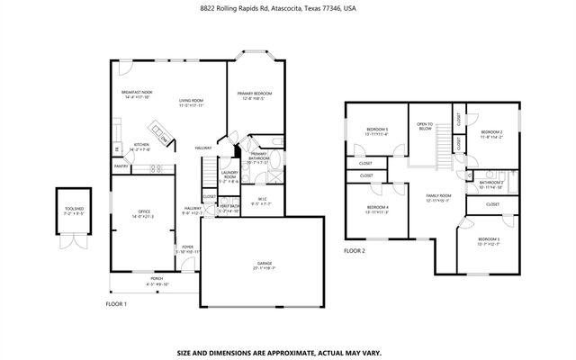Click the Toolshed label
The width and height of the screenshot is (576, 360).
click(x=74, y=213)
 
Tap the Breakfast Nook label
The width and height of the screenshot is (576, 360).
click(x=137, y=94)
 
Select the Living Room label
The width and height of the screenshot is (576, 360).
click(x=190, y=103)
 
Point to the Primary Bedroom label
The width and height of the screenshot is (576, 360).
click(x=255, y=95)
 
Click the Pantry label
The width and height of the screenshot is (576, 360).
click(x=121, y=166)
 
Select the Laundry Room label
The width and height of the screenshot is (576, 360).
click(x=229, y=175)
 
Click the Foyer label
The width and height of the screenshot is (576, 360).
click(x=188, y=248)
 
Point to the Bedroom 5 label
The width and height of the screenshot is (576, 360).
click(x=375, y=131)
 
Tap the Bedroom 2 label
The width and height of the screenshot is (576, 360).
click(x=490, y=135)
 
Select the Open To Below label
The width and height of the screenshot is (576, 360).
click(x=425, y=126)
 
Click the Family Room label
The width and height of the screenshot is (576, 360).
click(x=437, y=198)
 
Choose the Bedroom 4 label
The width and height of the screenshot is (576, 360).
click(x=377, y=211)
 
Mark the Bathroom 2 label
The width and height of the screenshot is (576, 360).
click(x=490, y=184)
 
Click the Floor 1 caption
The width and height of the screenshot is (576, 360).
click(x=116, y=304)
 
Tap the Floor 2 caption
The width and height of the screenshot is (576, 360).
click(x=355, y=251)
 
